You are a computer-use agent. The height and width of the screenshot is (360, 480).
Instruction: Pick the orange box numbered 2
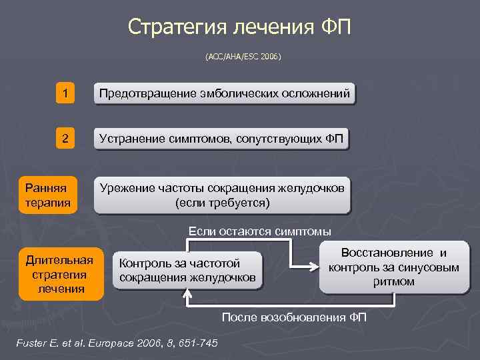(x=65, y=139)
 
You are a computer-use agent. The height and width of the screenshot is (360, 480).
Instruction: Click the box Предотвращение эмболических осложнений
(x=225, y=94)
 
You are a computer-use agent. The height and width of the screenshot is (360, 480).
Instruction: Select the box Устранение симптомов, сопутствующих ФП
(x=221, y=139)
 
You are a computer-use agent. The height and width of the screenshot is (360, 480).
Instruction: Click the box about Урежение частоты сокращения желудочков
(x=222, y=195)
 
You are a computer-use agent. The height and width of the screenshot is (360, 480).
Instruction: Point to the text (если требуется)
(x=222, y=202)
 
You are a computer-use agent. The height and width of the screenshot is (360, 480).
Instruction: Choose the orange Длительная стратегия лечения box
(x=61, y=273)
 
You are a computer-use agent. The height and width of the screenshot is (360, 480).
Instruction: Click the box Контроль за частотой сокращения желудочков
(x=188, y=270)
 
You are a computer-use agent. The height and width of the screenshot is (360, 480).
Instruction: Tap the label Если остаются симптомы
(x=259, y=231)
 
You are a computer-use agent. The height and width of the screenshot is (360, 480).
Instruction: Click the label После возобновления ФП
(x=294, y=317)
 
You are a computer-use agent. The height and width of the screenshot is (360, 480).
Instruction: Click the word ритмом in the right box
(x=394, y=281)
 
